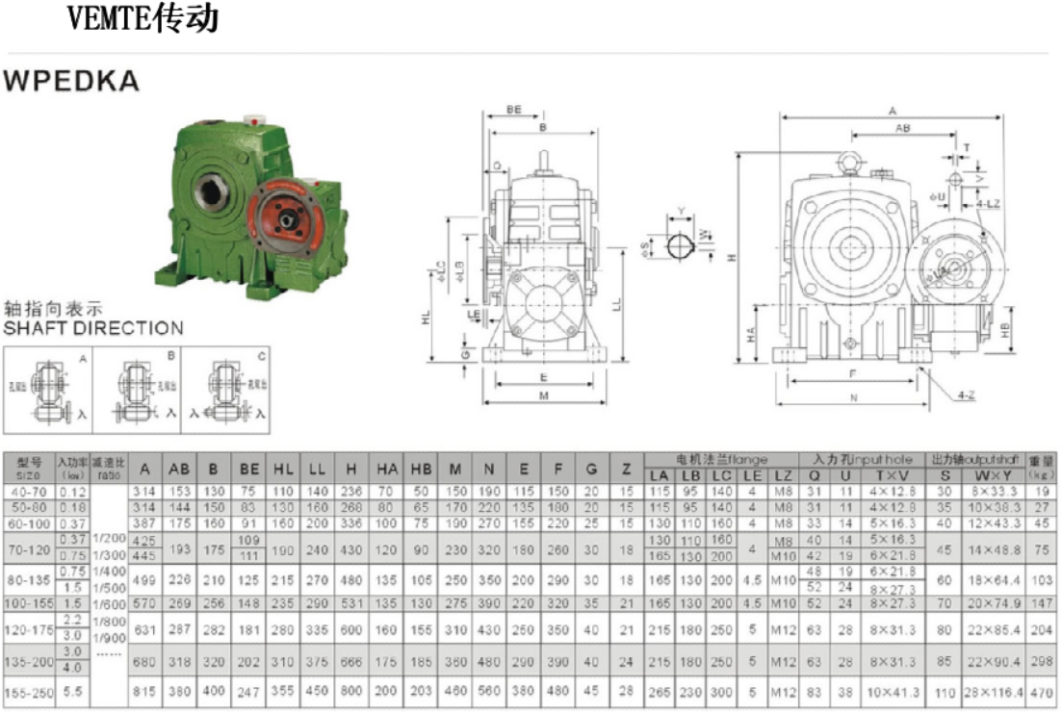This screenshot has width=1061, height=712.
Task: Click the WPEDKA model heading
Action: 71,82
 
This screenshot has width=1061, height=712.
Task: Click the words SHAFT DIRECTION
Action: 92,327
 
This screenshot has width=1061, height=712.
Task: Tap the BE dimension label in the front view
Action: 514,111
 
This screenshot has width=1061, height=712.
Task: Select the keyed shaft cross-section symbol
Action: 682,246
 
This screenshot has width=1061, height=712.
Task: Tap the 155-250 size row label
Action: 28,691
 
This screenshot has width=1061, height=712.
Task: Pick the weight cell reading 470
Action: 1041,691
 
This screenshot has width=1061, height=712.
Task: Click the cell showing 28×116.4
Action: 993,691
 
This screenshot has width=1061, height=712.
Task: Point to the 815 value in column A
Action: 144,691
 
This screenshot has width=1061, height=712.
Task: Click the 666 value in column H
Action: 351,663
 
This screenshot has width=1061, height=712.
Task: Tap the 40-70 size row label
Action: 28,491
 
